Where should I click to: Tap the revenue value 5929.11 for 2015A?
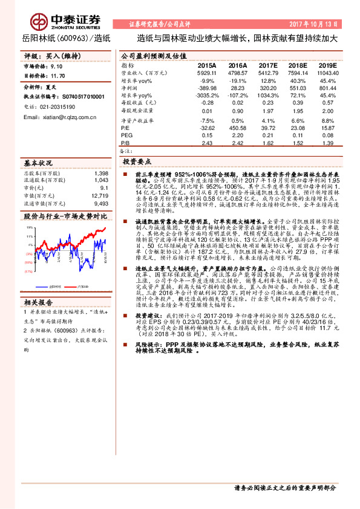(206, 73)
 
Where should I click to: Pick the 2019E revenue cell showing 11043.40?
(327, 73)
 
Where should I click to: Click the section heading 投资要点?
(137, 162)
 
